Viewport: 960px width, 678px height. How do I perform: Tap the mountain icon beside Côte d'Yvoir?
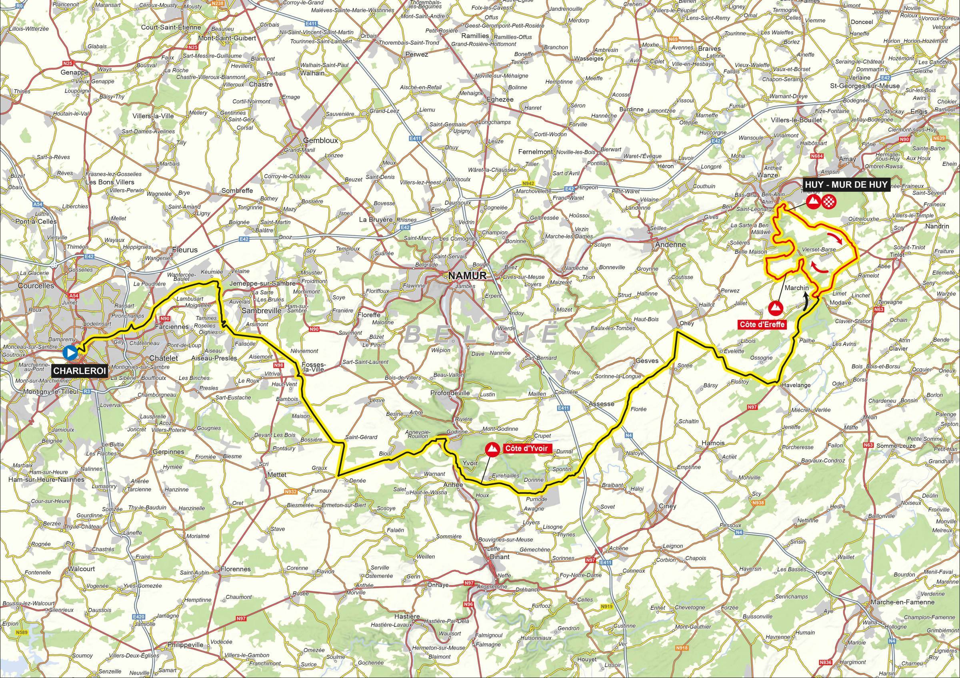click(x=492, y=449)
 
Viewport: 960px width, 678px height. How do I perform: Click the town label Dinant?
click(x=500, y=557)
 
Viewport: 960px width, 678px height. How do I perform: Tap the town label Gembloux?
click(x=320, y=141)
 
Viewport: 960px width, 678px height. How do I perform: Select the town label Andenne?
click(x=668, y=245)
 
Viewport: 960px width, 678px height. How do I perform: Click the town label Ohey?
click(x=687, y=323)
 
